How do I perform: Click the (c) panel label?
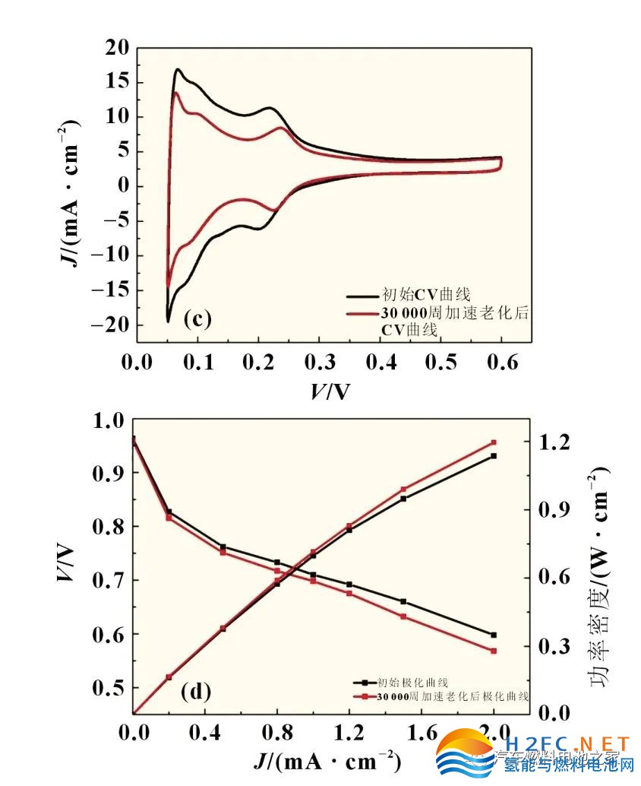point(197,319)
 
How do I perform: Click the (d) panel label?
point(195,693)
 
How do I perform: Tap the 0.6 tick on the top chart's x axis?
point(500,362)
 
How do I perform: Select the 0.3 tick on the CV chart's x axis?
point(319,362)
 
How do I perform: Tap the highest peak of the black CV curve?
point(178,70)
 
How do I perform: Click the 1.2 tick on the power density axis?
point(553,442)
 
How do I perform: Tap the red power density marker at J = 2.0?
point(494,442)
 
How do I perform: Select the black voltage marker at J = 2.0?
point(494,635)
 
